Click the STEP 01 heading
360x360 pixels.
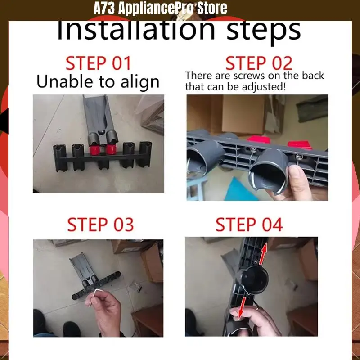(x=98, y=63)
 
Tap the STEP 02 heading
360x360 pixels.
(x=259, y=63)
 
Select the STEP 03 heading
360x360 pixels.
(x=100, y=225)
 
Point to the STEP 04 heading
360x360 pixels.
(x=249, y=225)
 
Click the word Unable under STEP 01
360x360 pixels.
(x=65, y=81)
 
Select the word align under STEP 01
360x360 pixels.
(x=140, y=82)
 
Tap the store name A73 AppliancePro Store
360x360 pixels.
(x=160, y=8)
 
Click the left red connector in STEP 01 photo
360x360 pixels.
(x=94, y=150)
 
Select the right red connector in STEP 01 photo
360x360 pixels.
(x=111, y=149)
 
